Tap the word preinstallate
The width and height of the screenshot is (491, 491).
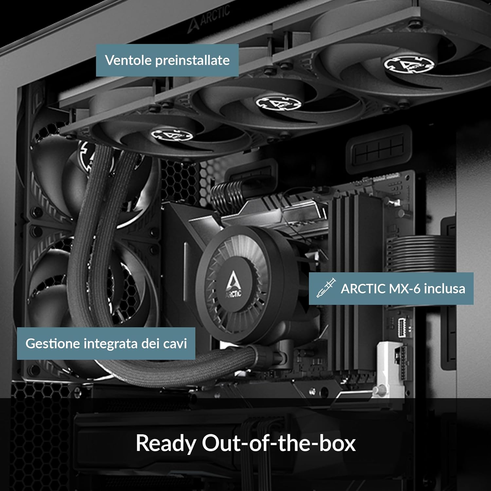192,60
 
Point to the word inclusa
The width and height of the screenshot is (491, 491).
444,289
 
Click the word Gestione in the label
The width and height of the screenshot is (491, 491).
52,343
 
